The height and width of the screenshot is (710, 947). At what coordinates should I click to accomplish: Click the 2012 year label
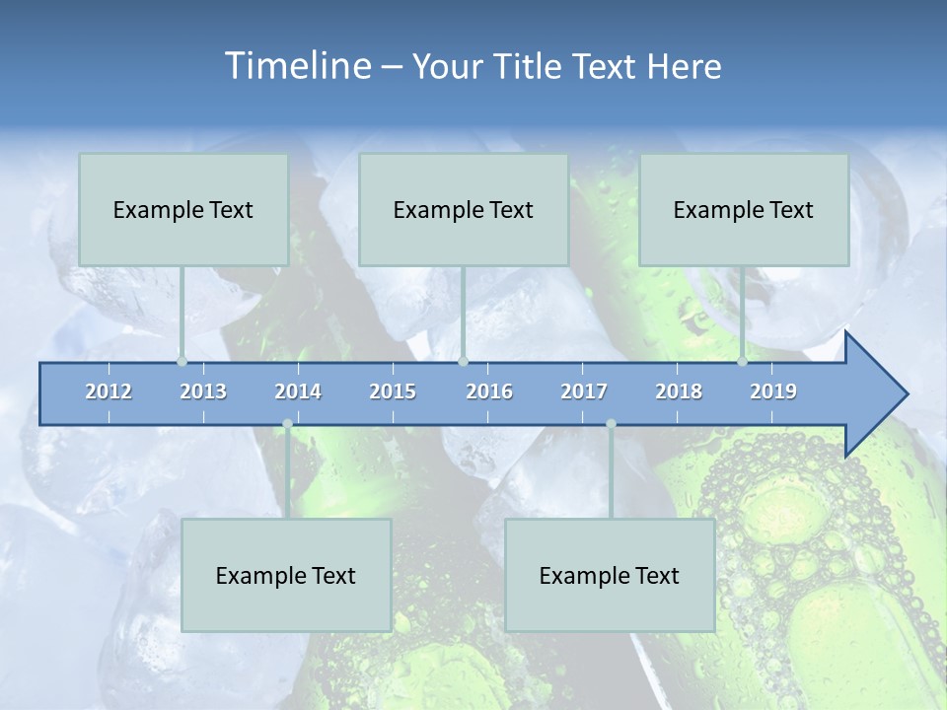[x=109, y=391]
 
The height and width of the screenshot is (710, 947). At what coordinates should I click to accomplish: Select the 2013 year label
[x=203, y=391]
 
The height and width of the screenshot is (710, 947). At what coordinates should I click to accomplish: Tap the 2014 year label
[x=298, y=391]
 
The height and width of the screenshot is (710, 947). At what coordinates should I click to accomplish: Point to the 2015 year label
[x=393, y=391]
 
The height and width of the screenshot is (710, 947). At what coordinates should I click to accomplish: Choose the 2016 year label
[x=489, y=391]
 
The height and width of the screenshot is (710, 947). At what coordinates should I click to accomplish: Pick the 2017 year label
[x=584, y=391]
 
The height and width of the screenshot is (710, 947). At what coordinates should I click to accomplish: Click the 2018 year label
[x=679, y=391]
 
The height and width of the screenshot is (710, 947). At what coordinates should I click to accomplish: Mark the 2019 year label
[x=773, y=391]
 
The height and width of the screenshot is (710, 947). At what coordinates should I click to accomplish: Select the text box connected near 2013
[x=183, y=209]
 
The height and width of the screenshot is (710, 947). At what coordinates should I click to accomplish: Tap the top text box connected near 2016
[x=464, y=209]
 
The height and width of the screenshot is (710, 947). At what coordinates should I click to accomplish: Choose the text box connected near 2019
[x=744, y=209]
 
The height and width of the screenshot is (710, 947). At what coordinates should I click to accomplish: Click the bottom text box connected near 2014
[x=286, y=575]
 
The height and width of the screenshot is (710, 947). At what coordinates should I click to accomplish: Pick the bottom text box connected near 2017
[x=610, y=575]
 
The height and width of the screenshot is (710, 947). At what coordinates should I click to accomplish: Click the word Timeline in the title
[x=296, y=66]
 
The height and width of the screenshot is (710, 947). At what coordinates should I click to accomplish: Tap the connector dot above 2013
[x=182, y=361]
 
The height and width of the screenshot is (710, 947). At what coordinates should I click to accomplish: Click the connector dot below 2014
[x=287, y=424]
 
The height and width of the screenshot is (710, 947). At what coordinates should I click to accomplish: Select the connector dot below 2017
[x=611, y=424]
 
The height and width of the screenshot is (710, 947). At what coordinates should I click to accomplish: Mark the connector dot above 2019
[x=742, y=361]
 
